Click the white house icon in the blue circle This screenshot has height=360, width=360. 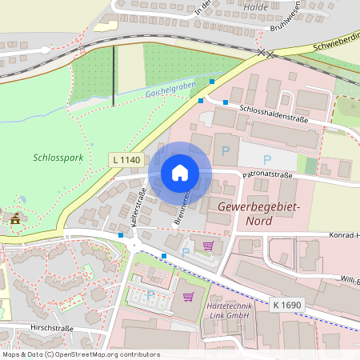[x=180, y=172]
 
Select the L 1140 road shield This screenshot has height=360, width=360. [x=126, y=161]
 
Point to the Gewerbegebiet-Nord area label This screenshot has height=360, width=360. [x=258, y=214]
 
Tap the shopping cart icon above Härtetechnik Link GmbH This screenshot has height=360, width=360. [x=189, y=296]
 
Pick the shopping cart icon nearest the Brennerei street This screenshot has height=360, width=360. [x=209, y=246]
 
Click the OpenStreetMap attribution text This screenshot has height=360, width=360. [x=70, y=354]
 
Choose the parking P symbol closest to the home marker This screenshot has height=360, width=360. [x=226, y=150]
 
